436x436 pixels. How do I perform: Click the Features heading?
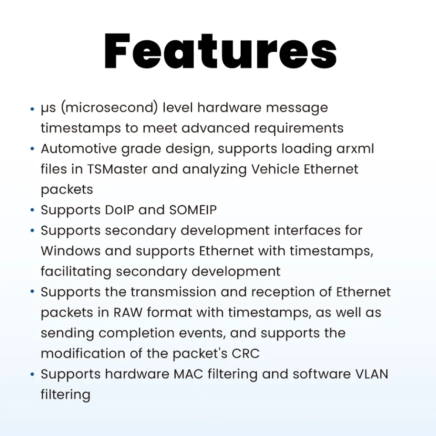pyautogui.click(x=221, y=51)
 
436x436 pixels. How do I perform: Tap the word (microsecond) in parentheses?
pyautogui.click(x=109, y=108)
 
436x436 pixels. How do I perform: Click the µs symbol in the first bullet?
pyautogui.click(x=48, y=109)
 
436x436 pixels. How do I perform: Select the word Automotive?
pyautogui.click(x=78, y=149)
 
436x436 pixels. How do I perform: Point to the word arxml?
pyautogui.click(x=355, y=149)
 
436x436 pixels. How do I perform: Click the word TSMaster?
pyautogui.click(x=117, y=169)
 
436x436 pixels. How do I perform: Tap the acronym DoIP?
pyautogui.click(x=119, y=210)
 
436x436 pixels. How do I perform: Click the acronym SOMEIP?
pyautogui.click(x=193, y=210)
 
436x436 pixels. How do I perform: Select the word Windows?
pyautogui.click(x=71, y=251)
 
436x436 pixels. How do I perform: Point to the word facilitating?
pyautogui.click(x=76, y=272)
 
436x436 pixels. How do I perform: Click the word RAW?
pyautogui.click(x=128, y=312)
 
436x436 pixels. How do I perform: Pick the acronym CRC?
pyautogui.click(x=245, y=354)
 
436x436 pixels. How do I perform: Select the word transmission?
pyautogui.click(x=173, y=292)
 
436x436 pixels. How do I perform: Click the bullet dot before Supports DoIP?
pyautogui.click(x=32, y=210)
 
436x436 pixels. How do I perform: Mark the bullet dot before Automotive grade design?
pyautogui.click(x=32, y=149)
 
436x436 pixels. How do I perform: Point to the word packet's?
pyautogui.click(x=200, y=354)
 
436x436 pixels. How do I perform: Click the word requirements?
pyautogui.click(x=299, y=129)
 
